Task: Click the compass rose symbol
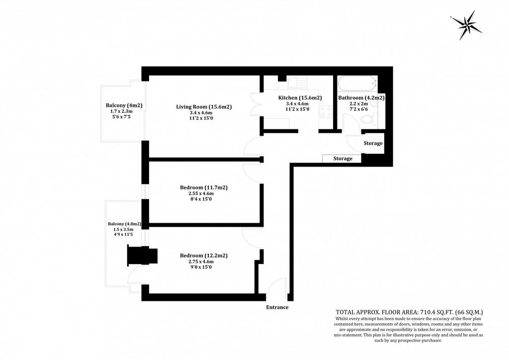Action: pos(466,25)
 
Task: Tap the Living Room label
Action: pos(204,106)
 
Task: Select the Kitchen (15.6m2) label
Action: pos(300,98)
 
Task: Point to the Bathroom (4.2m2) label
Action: pos(361,98)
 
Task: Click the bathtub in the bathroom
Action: pos(357,84)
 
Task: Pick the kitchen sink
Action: pos(297,82)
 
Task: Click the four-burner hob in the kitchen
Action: pos(326,112)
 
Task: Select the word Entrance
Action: pos(277,307)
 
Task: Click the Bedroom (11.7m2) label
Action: pos(203,187)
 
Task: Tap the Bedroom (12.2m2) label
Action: pos(203,256)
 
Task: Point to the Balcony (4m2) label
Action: pos(124,105)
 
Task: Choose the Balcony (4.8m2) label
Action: pos(124,224)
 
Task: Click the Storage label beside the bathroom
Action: pos(373,143)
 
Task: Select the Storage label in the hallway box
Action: pos(343,159)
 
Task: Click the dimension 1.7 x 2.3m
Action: pos(121,111)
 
